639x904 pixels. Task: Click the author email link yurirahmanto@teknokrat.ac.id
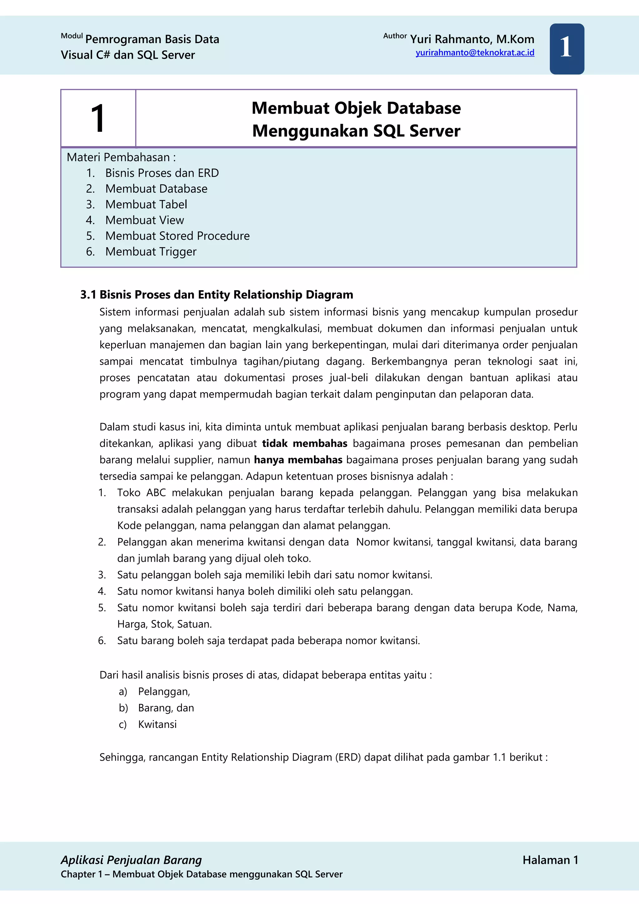pos(475,53)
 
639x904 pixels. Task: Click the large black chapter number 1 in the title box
pos(98,119)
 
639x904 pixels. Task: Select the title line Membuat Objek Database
pos(356,108)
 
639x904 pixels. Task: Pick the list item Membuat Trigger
pos(151,252)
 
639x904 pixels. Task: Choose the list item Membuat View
pos(144,220)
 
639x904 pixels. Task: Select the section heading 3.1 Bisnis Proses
pos(217,294)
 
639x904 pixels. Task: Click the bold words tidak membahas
pos(305,443)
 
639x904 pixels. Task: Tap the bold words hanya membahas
pos(298,460)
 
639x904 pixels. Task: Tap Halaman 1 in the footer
pos(550,860)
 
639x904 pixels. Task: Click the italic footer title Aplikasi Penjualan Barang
pos(131,860)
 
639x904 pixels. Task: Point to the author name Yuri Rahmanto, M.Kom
pos(472,39)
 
